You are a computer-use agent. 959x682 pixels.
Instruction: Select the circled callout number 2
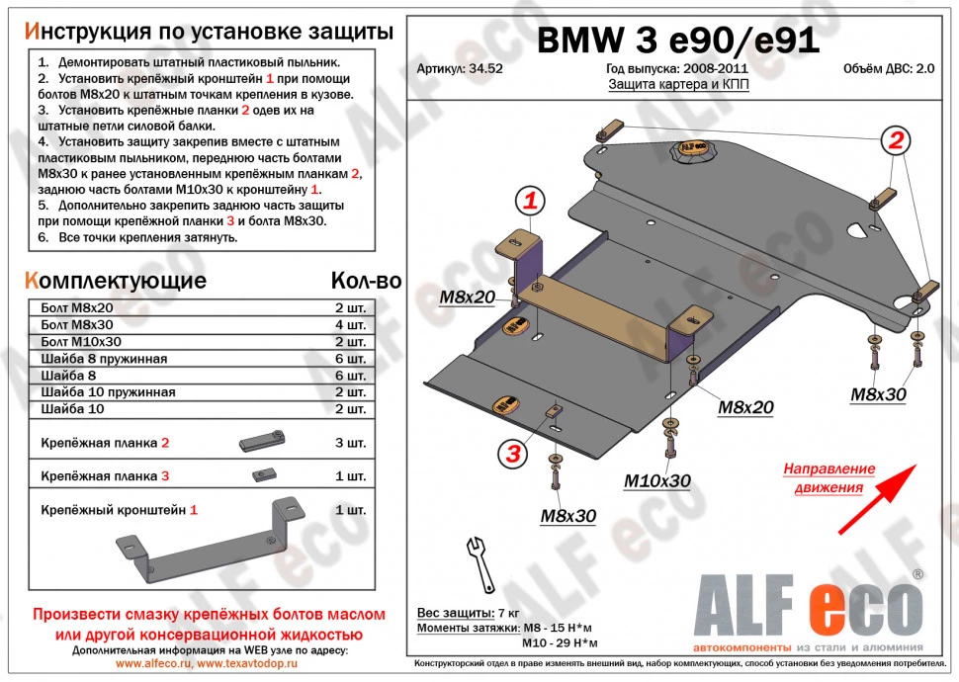[896, 141]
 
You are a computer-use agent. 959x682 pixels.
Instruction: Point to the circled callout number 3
[514, 454]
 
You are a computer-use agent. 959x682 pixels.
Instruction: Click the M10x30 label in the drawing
[656, 481]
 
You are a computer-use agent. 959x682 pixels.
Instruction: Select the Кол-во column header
[365, 281]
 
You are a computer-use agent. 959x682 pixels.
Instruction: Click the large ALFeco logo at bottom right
[810, 605]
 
